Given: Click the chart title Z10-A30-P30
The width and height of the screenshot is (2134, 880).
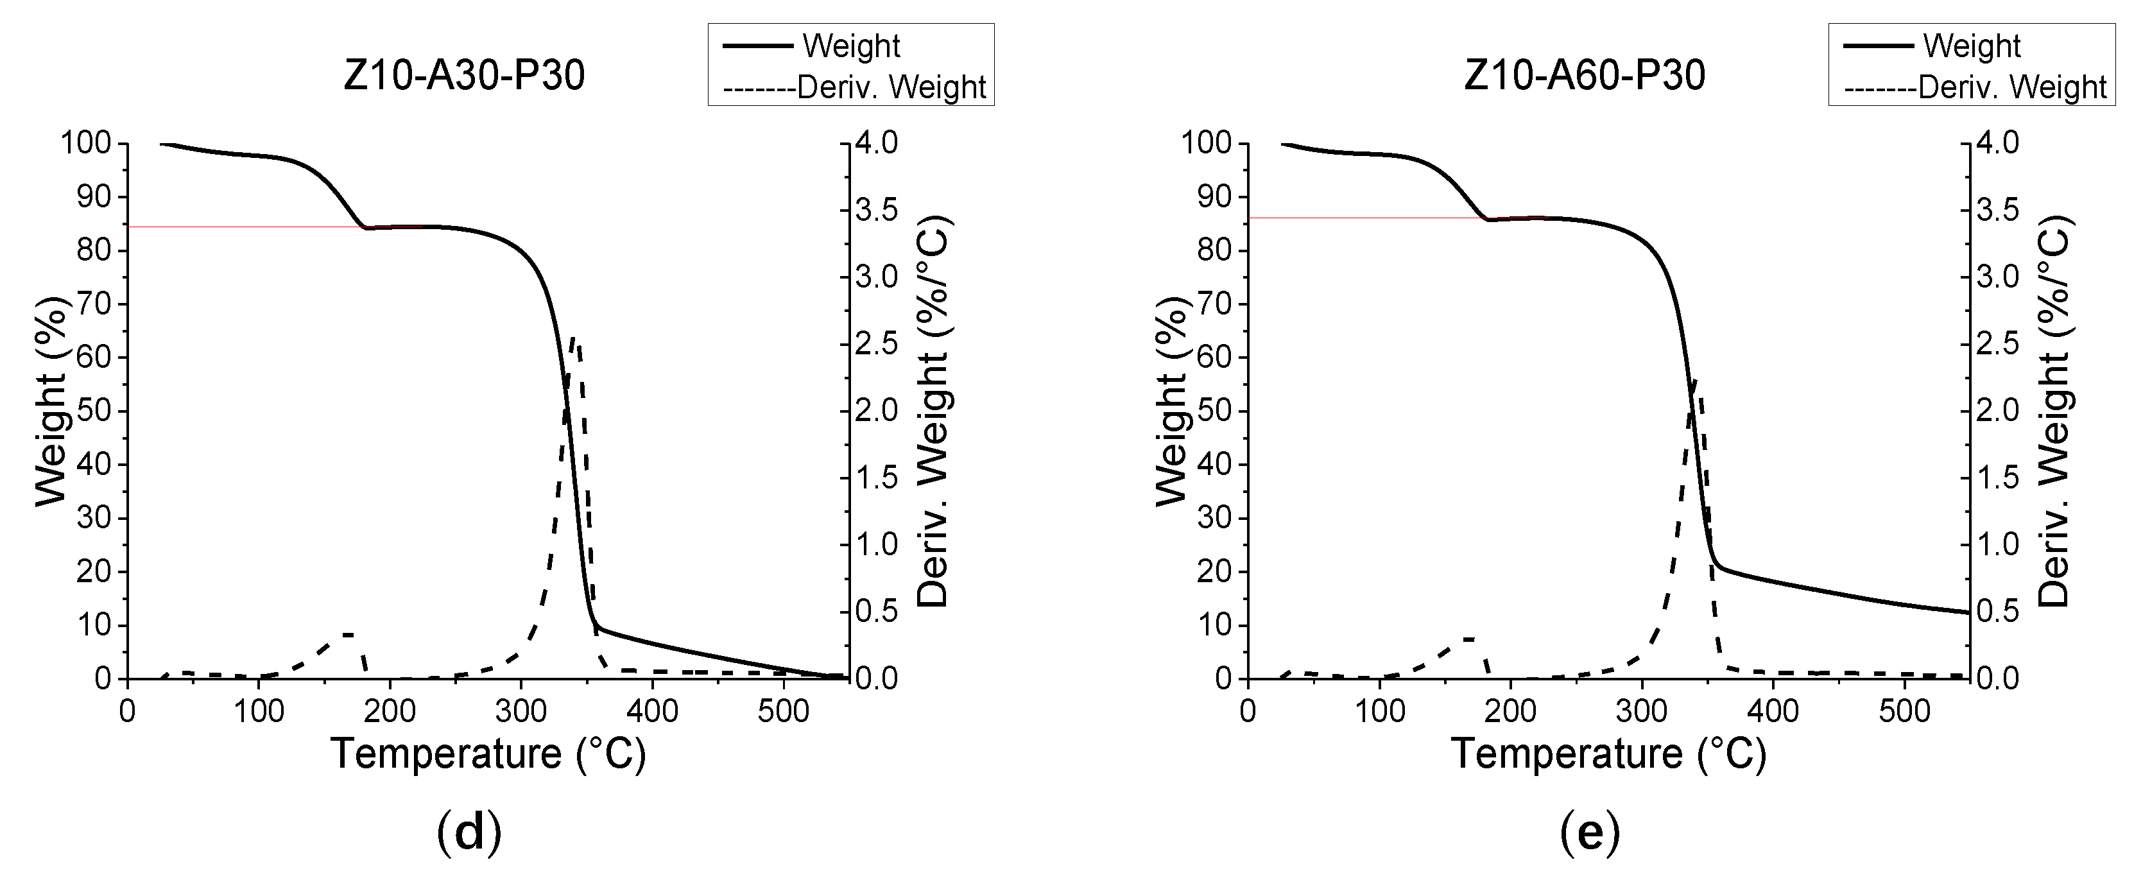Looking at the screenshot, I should (x=464, y=76).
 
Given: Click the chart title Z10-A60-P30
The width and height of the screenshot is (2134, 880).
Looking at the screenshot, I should (x=1584, y=76).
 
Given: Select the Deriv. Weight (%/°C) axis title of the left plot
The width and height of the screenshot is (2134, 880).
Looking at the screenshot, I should (x=934, y=413).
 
